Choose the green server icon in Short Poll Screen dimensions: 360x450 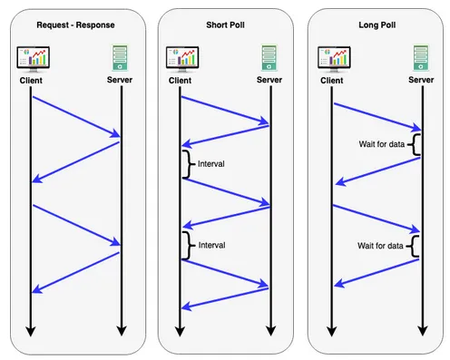tap(269, 59)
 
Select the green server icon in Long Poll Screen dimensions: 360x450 tap(420, 59)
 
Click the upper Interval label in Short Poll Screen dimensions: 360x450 tap(210, 164)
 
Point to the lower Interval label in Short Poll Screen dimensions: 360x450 tap(210, 245)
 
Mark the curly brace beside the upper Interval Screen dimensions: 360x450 tap(189, 164)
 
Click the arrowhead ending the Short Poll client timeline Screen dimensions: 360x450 tap(181, 331)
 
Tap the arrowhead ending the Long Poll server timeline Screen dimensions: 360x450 tap(420, 331)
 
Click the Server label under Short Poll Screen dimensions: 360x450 tap(269, 79)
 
